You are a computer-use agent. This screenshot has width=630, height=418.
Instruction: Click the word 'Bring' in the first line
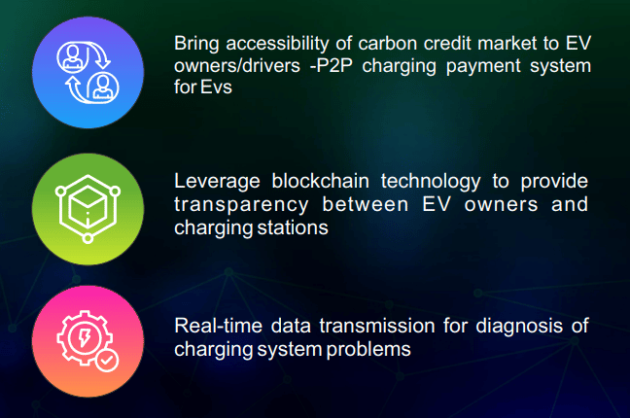click(x=196, y=44)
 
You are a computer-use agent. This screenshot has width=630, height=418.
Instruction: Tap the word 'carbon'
click(x=387, y=44)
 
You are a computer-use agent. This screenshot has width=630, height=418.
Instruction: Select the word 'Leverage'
click(x=217, y=182)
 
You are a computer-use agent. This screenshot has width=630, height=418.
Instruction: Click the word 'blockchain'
click(x=320, y=181)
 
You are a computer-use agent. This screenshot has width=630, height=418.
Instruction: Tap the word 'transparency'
click(x=241, y=205)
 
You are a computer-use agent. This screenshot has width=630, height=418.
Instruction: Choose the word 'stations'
click(x=293, y=227)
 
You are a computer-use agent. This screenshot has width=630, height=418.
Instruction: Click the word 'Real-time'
click(x=218, y=326)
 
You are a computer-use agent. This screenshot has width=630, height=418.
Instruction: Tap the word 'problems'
click(x=368, y=349)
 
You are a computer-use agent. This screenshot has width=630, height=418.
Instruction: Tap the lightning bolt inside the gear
click(x=85, y=337)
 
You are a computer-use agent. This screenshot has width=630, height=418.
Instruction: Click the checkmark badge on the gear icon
click(x=107, y=361)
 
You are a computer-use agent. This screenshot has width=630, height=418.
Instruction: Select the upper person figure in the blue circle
click(x=72, y=56)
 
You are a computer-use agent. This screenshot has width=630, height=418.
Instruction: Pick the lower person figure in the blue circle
click(x=103, y=87)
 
